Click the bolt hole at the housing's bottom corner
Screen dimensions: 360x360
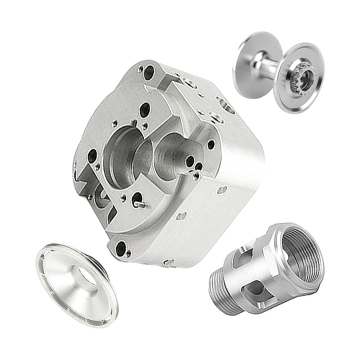(x=121, y=247)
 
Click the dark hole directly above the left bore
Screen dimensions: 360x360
(x=145, y=109)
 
